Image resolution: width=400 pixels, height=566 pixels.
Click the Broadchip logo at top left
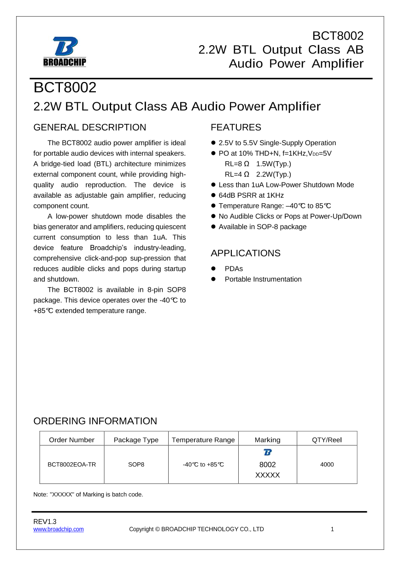(x=65, y=51)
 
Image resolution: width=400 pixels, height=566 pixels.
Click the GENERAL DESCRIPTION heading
(x=90, y=127)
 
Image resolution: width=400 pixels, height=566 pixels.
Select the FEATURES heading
(x=235, y=127)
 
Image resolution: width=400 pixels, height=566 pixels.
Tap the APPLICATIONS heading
(x=245, y=253)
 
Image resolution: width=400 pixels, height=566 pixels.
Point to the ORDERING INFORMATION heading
(x=95, y=421)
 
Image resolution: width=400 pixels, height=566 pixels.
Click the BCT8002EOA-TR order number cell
(x=72, y=465)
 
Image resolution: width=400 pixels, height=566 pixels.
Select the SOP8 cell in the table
(x=136, y=465)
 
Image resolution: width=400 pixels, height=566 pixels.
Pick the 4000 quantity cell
(x=327, y=465)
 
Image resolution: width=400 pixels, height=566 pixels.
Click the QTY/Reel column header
(x=327, y=440)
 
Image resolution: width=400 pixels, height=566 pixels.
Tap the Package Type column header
(x=136, y=440)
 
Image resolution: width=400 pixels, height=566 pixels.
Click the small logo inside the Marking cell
(x=268, y=453)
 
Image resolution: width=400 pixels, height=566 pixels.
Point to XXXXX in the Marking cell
(x=268, y=475)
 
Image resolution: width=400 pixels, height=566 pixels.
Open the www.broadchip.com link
(x=59, y=529)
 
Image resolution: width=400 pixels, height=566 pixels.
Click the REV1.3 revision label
(x=45, y=521)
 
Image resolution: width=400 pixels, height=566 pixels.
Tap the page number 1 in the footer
(x=332, y=529)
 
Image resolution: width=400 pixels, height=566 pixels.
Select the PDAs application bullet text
(x=234, y=269)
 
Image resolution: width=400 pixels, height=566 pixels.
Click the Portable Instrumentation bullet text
(x=263, y=279)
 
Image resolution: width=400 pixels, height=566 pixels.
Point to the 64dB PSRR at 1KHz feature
(x=251, y=195)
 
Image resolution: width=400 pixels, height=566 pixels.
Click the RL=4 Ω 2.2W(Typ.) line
(x=258, y=174)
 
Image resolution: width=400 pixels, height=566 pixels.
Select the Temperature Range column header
(x=203, y=440)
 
